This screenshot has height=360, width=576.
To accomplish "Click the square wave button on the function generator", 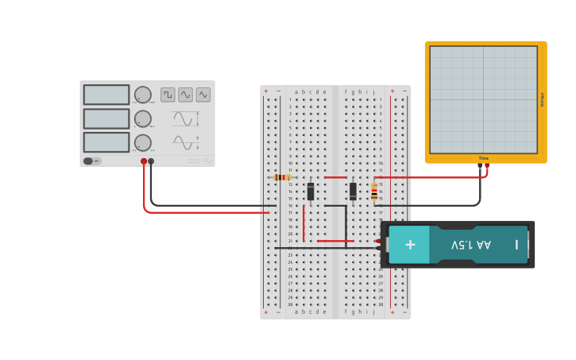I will (x=168, y=95).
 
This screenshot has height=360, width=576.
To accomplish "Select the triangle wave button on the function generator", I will (x=203, y=95).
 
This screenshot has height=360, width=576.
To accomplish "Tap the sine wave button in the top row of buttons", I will (x=185, y=95).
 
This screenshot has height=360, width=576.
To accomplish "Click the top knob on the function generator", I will (x=143, y=95).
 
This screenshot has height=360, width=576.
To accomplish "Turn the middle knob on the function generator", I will (x=143, y=118).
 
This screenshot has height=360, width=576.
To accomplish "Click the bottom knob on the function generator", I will (x=143, y=142).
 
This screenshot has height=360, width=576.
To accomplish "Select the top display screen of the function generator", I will (x=106, y=95).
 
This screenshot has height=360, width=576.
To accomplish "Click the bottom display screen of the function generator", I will (x=106, y=142).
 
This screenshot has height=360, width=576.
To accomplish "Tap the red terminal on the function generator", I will (x=144, y=161).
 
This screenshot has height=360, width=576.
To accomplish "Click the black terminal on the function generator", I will (x=151, y=161).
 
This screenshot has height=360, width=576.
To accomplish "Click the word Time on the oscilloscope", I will (x=483, y=158).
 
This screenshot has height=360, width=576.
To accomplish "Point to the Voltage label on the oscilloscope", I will (x=542, y=99).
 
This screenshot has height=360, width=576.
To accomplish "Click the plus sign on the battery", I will (x=410, y=245).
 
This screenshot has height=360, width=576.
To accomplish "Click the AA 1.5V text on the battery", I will (x=471, y=245).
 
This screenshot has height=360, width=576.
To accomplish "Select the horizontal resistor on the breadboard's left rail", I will (x=280, y=177).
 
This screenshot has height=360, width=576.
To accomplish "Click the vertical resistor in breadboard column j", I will (x=374, y=192).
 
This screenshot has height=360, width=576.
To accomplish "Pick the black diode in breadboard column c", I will (x=311, y=192).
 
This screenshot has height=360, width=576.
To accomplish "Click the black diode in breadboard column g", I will (x=353, y=191).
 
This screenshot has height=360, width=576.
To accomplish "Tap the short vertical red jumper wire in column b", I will (x=303, y=223).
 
